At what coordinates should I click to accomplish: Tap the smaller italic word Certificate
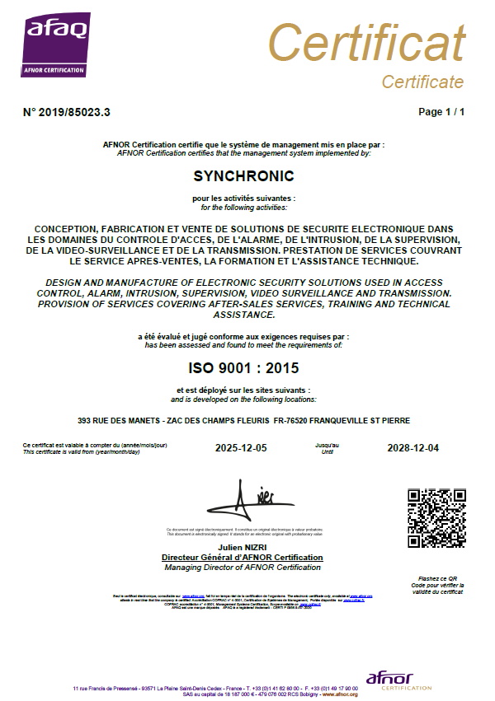tap(422, 82)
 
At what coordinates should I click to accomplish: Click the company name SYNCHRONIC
tap(243, 176)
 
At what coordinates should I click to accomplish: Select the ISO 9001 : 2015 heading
tap(243, 367)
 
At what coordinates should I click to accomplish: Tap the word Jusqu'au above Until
tap(327, 445)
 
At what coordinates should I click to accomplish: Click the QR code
tap(436, 518)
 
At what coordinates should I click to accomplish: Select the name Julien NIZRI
tap(243, 548)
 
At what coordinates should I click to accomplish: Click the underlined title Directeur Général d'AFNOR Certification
tap(243, 558)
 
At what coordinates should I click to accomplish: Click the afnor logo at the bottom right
tap(398, 680)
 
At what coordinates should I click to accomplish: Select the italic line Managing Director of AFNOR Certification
tap(243, 568)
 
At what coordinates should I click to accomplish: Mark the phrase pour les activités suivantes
tap(243, 199)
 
